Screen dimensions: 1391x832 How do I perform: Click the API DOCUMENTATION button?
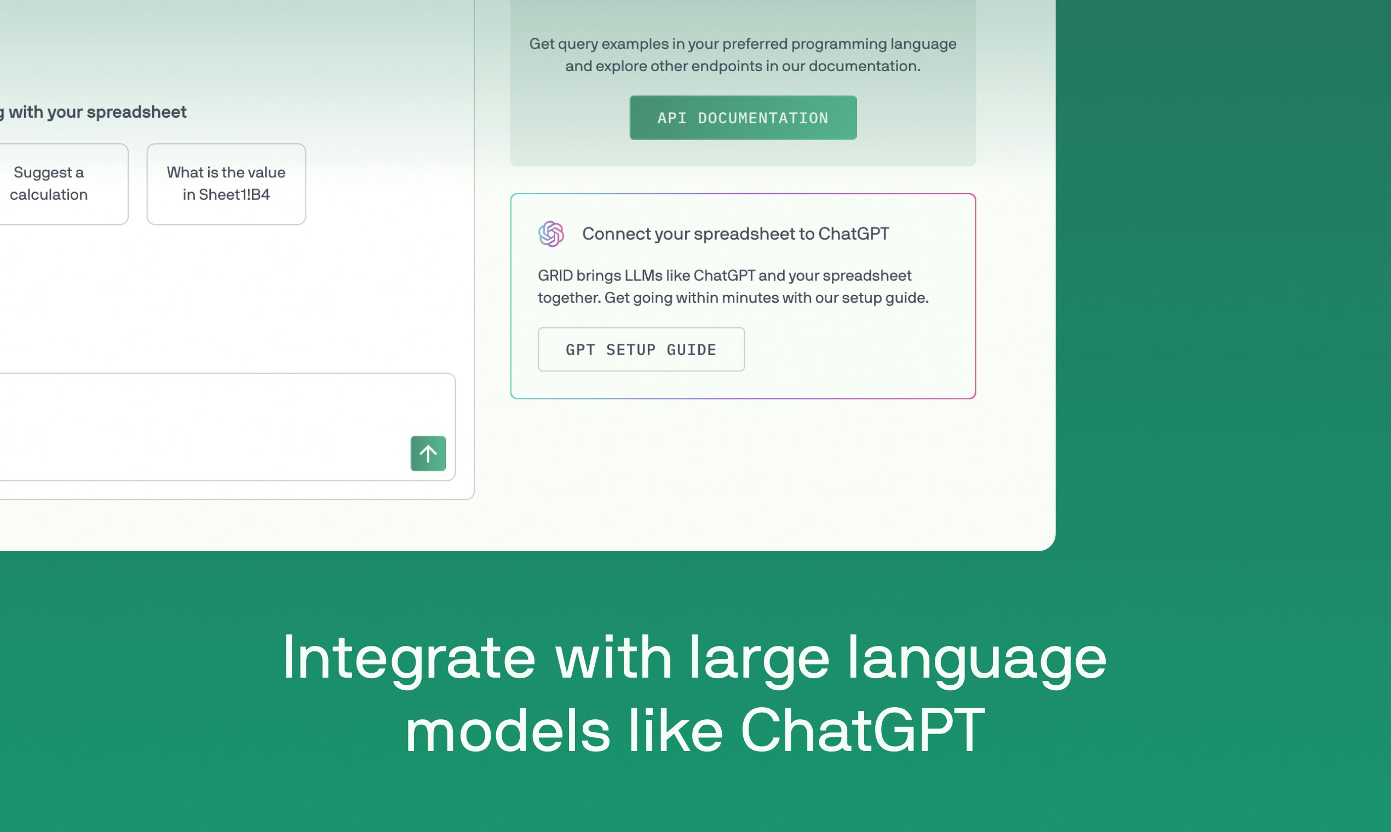click(743, 118)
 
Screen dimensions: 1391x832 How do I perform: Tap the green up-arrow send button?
click(428, 454)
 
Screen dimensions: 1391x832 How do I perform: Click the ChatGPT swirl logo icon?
click(551, 234)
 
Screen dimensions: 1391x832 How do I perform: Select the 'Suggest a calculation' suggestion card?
click(56, 184)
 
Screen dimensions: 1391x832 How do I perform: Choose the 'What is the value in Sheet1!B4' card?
click(226, 184)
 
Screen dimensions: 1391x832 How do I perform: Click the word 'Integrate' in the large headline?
click(409, 657)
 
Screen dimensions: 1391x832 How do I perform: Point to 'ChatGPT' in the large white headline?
click(863, 730)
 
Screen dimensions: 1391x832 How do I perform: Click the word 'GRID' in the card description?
click(555, 276)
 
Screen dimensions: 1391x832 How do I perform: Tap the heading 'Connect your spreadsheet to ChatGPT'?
click(735, 234)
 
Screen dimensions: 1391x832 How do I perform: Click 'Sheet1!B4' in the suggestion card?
click(234, 194)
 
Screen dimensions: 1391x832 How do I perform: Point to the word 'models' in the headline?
click(507, 730)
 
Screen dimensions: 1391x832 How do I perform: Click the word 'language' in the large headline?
click(976, 657)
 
